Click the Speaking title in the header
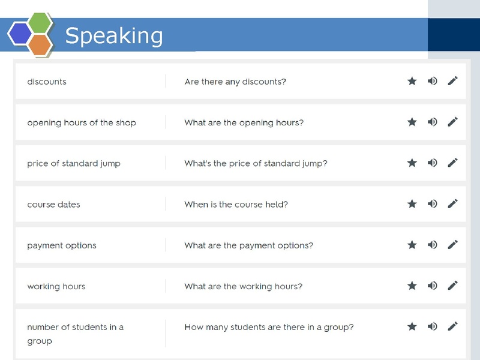pos(114,35)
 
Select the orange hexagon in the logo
pos(40,44)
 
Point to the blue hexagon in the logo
pos(20,34)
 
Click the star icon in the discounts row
pos(412,81)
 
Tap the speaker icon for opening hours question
pos(433,122)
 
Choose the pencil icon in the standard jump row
pos(453,163)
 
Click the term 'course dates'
pos(53,205)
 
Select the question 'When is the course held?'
pos(236,205)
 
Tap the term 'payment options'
pos(62,245)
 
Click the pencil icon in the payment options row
pos(453,244)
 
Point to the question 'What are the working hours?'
pos(243,286)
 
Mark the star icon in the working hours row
pos(412,286)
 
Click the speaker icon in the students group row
pos(433,326)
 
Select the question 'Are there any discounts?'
pos(235,82)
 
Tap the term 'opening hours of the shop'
pos(82,123)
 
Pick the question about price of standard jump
pos(256,164)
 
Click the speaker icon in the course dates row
pos(433,203)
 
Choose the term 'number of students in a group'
pos(75,334)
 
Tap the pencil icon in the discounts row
pos(453,81)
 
